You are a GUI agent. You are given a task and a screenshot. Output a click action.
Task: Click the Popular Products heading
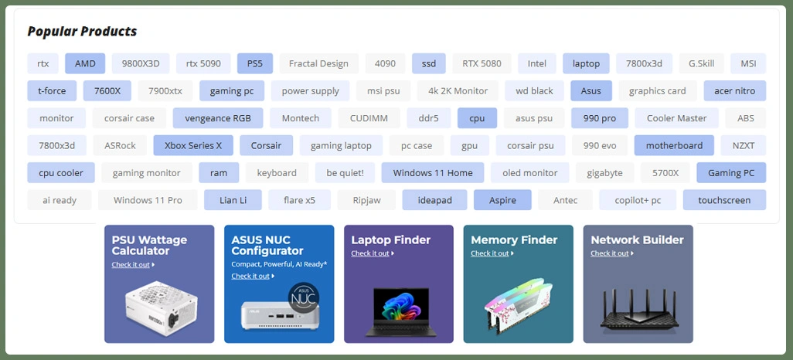(x=82, y=32)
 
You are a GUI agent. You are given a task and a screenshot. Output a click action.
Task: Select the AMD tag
(x=85, y=63)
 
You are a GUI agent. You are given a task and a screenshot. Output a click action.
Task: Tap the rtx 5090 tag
(x=203, y=63)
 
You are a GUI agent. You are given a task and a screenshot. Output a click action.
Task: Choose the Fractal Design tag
(x=318, y=63)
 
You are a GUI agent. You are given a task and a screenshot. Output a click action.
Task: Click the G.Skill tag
(x=701, y=63)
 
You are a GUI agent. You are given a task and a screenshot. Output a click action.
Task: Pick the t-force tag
(x=52, y=90)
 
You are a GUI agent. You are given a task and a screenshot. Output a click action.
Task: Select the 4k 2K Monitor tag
(x=458, y=90)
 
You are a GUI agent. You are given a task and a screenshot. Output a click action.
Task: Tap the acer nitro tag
(x=734, y=90)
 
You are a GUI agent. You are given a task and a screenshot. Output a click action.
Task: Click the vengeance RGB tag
(x=218, y=118)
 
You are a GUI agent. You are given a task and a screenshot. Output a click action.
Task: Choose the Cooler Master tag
(x=676, y=118)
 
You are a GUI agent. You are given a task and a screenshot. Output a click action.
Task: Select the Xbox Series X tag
(x=193, y=145)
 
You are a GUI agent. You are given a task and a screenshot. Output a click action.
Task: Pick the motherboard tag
(x=674, y=145)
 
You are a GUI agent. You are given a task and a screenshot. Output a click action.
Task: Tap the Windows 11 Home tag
(x=432, y=173)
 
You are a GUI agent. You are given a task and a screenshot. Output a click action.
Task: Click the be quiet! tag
(x=345, y=173)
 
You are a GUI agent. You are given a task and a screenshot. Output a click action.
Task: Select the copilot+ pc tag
(x=638, y=200)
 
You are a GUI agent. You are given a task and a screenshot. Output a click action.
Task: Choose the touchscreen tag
(x=724, y=200)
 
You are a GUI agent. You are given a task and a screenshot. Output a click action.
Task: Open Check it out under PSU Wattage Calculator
(x=132, y=265)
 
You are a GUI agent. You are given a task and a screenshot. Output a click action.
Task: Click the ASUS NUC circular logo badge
(x=303, y=297)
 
